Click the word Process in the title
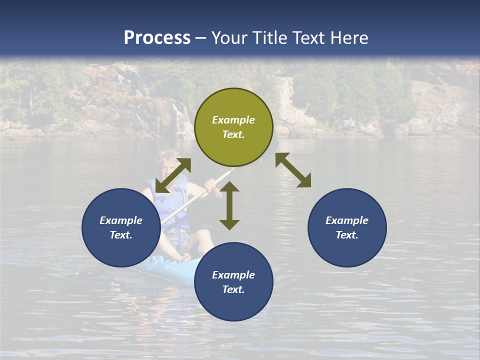(x=157, y=38)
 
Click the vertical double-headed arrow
(x=229, y=205)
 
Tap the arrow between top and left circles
(x=173, y=175)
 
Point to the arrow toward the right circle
(x=293, y=170)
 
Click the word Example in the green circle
(x=233, y=120)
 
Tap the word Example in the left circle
(x=121, y=220)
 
